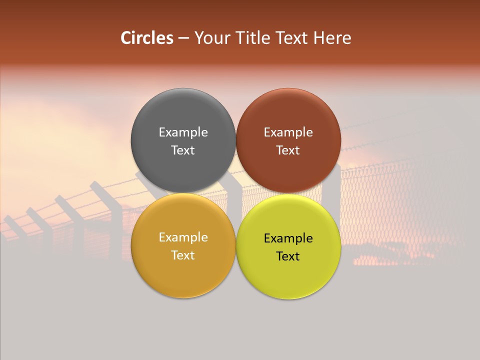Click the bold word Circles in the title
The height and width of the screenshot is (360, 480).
(x=147, y=38)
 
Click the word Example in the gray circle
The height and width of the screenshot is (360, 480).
(x=183, y=132)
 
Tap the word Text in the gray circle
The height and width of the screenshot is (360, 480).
(x=183, y=150)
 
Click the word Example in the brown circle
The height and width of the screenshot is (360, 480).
(x=288, y=132)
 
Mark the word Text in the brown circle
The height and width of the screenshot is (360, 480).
(x=288, y=150)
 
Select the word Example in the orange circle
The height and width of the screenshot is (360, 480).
(x=183, y=237)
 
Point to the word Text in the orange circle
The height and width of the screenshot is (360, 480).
(x=183, y=255)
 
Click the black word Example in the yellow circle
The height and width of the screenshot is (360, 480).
(x=288, y=238)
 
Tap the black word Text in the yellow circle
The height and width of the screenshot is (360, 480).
(x=288, y=256)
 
